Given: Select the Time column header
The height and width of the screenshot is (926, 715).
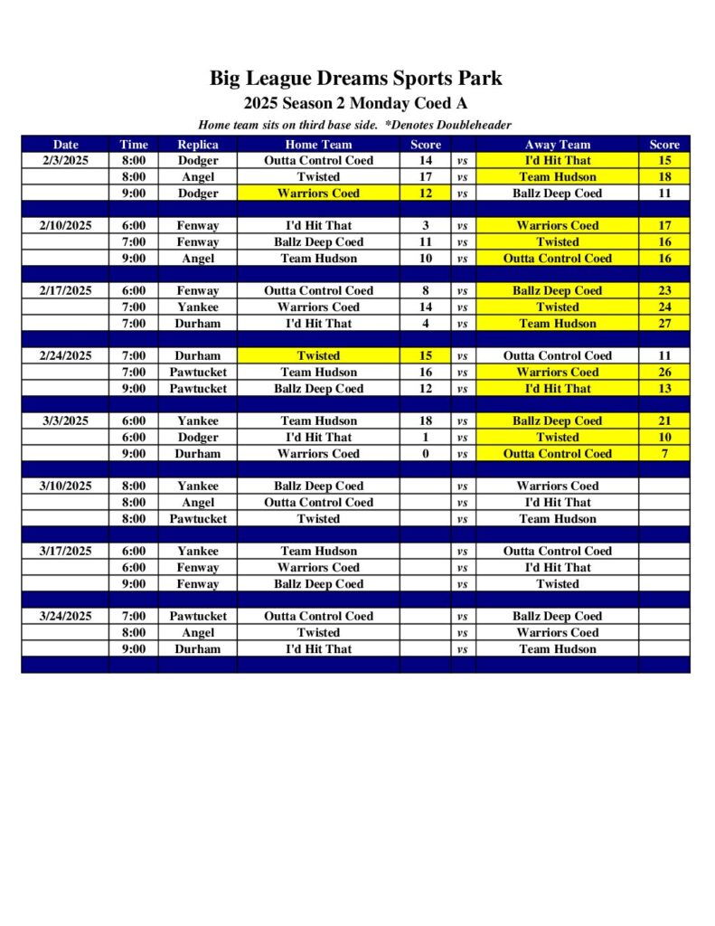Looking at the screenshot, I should click(133, 144).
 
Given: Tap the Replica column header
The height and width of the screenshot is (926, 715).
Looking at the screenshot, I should click(197, 144).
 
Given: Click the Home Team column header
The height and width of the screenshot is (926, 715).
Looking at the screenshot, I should click(318, 144).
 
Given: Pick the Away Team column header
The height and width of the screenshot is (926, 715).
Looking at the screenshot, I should click(557, 144).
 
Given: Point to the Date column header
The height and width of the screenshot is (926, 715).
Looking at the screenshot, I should click(65, 144).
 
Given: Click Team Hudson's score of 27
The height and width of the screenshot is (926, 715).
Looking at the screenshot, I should click(664, 323).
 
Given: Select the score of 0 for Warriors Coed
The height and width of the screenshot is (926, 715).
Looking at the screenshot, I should click(426, 453).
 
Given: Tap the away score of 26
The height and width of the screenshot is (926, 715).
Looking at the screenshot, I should click(664, 372).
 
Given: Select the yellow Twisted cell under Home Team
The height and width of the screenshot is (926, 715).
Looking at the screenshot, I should click(318, 355).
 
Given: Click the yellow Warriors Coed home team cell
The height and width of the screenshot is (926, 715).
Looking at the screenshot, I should click(318, 193).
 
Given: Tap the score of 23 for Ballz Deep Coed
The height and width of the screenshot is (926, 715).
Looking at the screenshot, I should click(664, 290).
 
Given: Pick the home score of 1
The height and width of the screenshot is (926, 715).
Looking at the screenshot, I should click(426, 437).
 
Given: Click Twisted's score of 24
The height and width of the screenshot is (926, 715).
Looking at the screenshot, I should click(664, 307).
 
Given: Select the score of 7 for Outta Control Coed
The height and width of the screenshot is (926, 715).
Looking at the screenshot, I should click(664, 453).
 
